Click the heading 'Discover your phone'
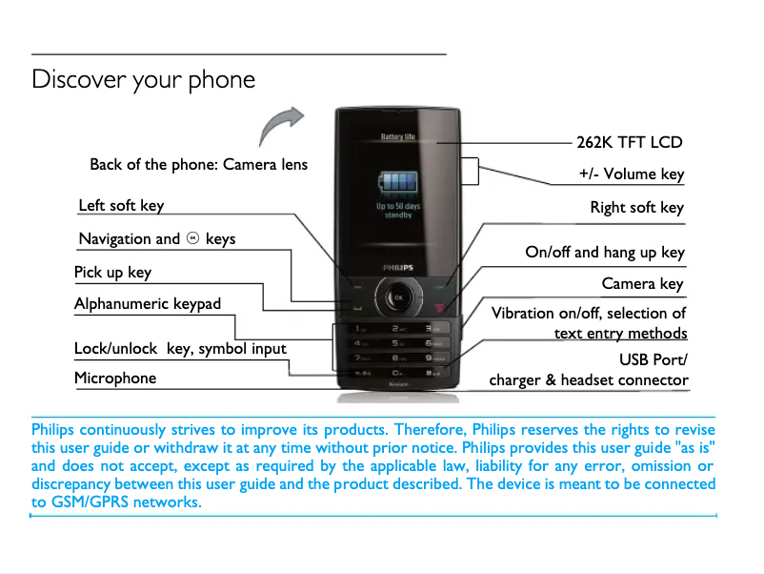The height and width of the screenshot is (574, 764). tap(143, 79)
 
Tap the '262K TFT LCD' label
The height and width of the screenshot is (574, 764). tap(630, 142)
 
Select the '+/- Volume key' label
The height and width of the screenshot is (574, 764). tap(631, 174)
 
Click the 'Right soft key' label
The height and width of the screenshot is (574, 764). tap(636, 207)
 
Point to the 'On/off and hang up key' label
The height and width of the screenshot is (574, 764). tap(605, 252)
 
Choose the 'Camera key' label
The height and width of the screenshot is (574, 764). tap(642, 283)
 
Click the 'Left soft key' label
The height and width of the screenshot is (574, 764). tap(121, 205)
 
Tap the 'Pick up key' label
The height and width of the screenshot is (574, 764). tap(112, 272)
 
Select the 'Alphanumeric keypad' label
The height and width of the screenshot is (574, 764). tap(148, 304)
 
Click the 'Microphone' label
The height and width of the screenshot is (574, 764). tap(115, 378)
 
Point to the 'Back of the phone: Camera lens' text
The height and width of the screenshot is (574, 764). tap(198, 164)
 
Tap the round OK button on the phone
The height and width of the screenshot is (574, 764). tap(398, 298)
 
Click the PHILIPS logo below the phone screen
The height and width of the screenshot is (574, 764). tap(398, 268)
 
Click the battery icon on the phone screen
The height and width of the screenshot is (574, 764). tap(398, 182)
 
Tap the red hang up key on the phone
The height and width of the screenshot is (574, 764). tap(440, 307)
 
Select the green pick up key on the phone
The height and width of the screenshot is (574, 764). tap(357, 307)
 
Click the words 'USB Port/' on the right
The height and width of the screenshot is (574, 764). tap(653, 359)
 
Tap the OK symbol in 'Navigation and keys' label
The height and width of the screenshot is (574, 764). tap(192, 237)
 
